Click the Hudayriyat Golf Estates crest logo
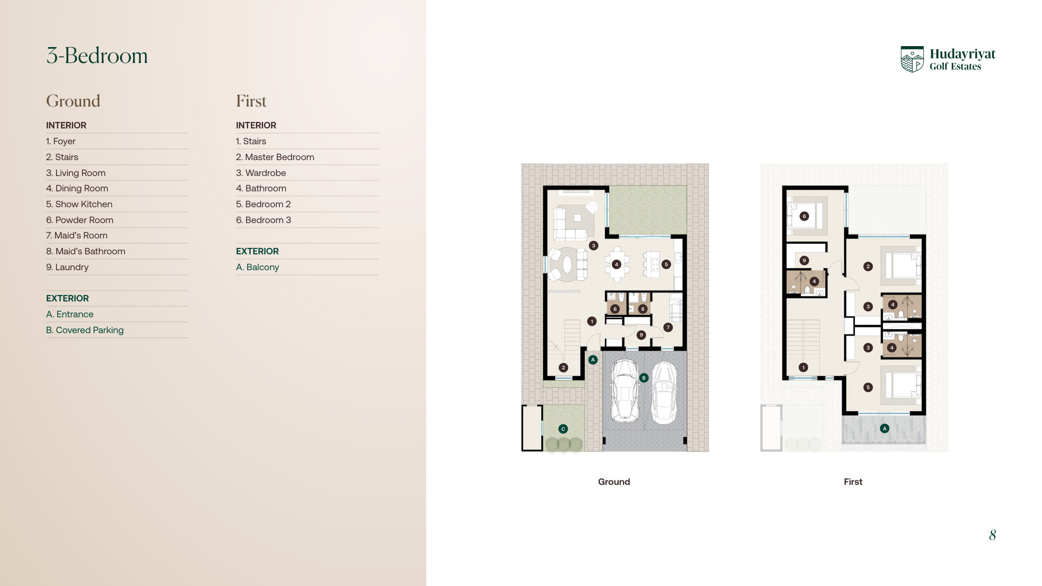(912, 59)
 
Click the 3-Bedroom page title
(97, 56)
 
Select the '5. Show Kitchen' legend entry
(79, 204)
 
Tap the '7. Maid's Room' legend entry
(77, 235)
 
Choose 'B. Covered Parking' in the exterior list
(85, 330)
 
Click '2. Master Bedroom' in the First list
(275, 157)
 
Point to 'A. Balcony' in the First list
(258, 267)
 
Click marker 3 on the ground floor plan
(593, 245)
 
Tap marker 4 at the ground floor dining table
(617, 264)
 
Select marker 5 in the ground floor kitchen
(666, 264)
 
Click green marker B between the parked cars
(644, 378)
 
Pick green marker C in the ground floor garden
(563, 429)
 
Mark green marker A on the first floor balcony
(884, 428)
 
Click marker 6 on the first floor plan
(804, 216)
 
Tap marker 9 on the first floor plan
(804, 260)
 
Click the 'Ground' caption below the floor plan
(614, 482)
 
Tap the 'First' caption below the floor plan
(853, 482)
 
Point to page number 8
(992, 535)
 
